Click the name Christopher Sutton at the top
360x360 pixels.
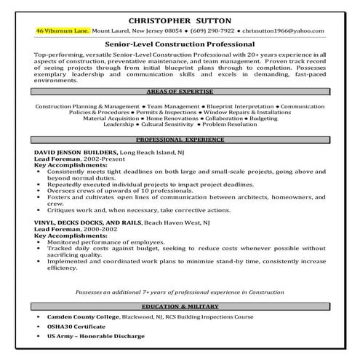pos(180,20)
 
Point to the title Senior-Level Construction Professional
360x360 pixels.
pos(180,45)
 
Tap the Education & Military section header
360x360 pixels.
pos(180,307)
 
